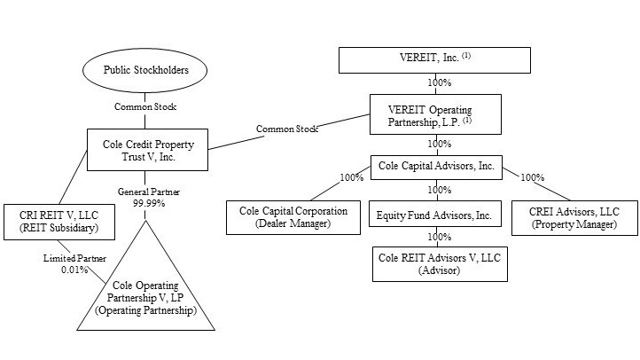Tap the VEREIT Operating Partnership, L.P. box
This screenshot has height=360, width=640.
435,114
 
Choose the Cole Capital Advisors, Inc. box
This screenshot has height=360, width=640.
436,165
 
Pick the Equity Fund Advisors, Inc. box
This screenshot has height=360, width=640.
434,214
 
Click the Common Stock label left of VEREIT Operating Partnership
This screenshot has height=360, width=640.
286,129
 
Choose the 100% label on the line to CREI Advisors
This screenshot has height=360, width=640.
534,178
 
